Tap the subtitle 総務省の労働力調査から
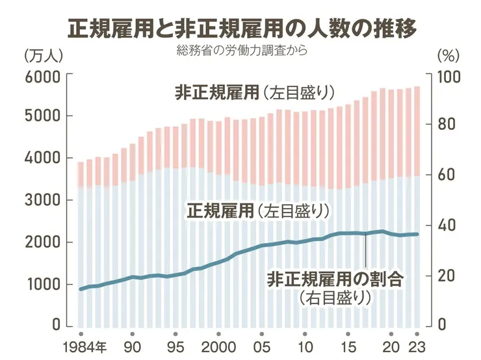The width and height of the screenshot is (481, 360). pos(241,51)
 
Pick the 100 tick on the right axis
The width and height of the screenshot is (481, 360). pos(450,76)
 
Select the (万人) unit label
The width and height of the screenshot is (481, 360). pos(42,56)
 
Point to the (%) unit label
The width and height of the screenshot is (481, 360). pos(448,56)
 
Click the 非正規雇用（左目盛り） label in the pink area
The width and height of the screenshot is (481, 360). pos(254,93)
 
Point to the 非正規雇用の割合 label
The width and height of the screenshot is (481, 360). pos(335,280)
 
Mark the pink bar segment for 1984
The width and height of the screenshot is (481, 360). pos(81,175)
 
